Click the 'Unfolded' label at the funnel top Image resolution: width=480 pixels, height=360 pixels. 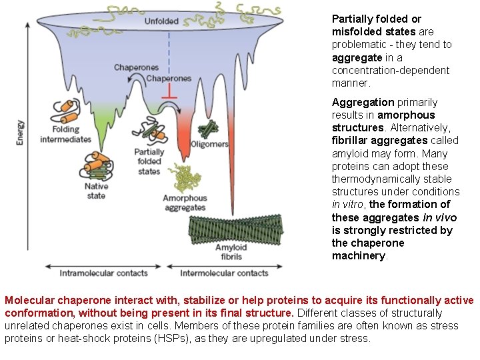tap(161, 21)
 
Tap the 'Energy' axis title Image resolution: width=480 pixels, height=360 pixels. tap(21, 133)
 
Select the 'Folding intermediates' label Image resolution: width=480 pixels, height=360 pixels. tap(65, 134)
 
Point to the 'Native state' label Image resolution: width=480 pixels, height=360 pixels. tap(96, 191)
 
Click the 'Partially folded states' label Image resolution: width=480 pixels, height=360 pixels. tap(149, 161)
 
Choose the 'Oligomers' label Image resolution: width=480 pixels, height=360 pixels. tap(209, 144)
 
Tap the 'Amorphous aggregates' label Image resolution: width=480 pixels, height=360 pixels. tap(185, 203)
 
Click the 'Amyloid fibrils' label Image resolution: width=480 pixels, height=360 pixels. tap(231, 252)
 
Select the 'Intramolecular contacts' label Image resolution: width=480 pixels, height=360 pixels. tap(103, 273)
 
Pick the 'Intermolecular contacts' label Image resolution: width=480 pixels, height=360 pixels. tap(224, 273)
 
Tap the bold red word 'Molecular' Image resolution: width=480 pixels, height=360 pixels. tap(28, 301)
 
